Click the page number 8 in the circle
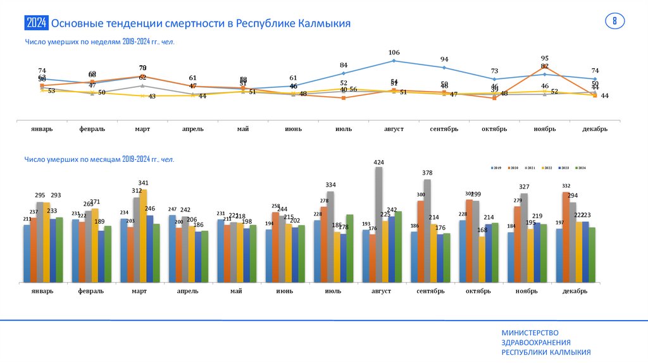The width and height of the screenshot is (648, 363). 614,21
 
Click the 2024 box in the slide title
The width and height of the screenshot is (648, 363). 36,23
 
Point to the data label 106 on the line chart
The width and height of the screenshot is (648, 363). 394,52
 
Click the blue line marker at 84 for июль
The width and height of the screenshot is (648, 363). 344,73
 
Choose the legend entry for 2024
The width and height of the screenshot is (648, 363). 580,168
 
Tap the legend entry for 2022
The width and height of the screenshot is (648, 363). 545,168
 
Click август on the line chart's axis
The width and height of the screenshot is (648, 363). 394,128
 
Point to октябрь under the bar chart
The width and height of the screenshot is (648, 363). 478,291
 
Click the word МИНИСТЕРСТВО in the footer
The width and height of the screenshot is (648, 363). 530,333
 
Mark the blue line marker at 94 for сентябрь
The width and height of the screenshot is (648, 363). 444,67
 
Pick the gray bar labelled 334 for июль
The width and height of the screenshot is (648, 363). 330,237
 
